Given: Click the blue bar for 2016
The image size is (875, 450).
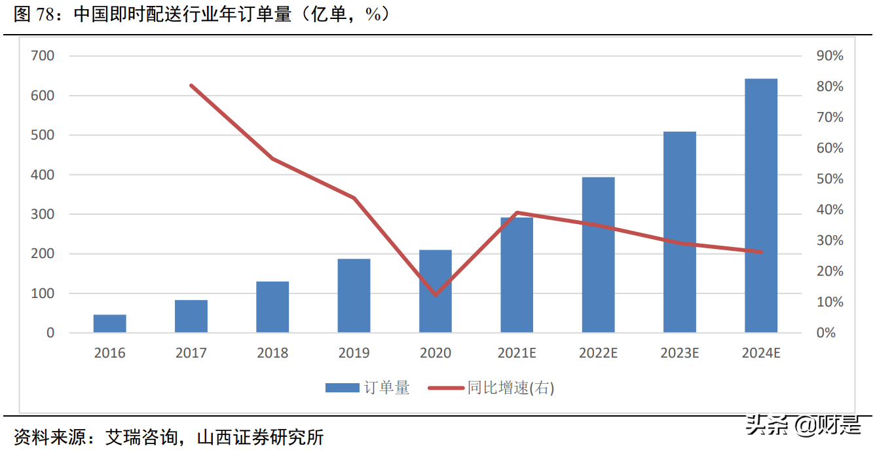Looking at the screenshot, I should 109,324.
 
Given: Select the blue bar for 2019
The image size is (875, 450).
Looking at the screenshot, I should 354,295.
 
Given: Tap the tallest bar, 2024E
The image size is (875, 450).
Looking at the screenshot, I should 761,206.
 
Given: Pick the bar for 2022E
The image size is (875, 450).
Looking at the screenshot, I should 598,255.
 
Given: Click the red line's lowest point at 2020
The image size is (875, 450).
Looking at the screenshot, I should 436,295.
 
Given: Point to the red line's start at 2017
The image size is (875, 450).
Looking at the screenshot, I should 191,85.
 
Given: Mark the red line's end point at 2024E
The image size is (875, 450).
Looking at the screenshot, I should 761,252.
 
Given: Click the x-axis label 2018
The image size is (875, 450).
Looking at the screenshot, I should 272,353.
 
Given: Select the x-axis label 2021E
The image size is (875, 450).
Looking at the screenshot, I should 517,353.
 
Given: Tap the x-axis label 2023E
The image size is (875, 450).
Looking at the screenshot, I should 680,353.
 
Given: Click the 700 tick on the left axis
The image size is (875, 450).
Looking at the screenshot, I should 42,56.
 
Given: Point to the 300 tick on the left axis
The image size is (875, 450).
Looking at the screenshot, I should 42,214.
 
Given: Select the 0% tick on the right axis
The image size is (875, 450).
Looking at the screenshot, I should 827,333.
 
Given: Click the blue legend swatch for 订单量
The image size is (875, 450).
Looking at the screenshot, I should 342,388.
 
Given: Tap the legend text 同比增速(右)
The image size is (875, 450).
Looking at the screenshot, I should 511,388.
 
